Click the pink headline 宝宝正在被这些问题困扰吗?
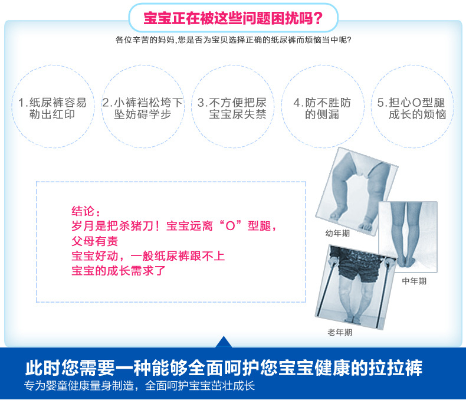pyautogui.click(x=233, y=18)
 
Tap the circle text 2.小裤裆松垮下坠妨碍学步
pyautogui.click(x=143, y=108)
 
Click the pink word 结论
pyautogui.click(x=83, y=211)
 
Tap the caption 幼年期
pyautogui.click(x=337, y=234)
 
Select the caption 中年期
pyautogui.click(x=414, y=281)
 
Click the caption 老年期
pyautogui.click(x=340, y=332)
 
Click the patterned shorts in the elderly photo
pyautogui.click(x=360, y=265)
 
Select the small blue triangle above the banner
pyautogui.click(x=224, y=342)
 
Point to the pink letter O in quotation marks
pyautogui.click(x=230, y=226)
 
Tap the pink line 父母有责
pyautogui.click(x=95, y=241)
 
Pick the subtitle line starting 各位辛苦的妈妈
pyautogui.click(x=234, y=40)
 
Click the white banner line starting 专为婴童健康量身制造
pyautogui.click(x=139, y=386)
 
